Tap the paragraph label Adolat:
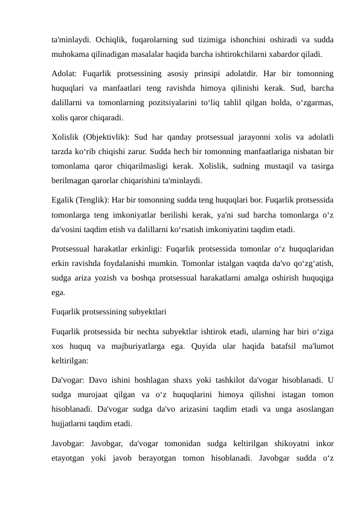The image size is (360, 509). (x=64, y=76)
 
